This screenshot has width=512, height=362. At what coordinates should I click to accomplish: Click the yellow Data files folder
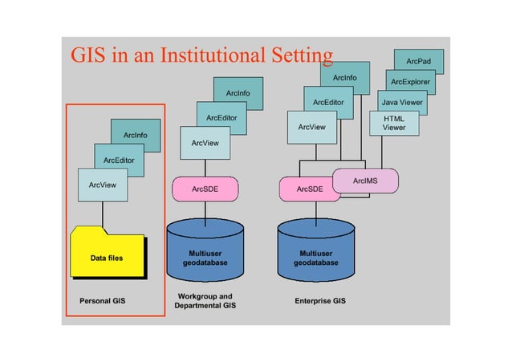coord(108,257)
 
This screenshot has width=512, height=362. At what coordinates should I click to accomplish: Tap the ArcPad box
coord(418,60)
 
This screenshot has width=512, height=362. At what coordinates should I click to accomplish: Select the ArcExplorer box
coord(410,82)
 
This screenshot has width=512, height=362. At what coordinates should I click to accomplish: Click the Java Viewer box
coord(401,103)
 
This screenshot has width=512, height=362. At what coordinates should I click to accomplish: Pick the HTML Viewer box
coord(394,123)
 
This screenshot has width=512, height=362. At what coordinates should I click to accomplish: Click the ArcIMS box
coord(365,181)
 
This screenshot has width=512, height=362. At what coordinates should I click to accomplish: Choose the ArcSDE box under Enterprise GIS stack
coord(309,189)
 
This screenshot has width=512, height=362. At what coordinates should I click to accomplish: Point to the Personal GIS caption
coord(103,302)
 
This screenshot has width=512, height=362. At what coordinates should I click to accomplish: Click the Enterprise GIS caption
coord(320,302)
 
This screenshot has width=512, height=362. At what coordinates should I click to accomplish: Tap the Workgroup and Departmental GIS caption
coord(205,301)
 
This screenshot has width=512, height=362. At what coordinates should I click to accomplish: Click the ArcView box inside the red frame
coord(103,185)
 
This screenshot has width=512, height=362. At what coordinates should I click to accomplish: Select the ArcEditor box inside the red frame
coord(119,159)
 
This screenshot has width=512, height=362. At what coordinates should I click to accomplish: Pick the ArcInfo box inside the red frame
coord(135,134)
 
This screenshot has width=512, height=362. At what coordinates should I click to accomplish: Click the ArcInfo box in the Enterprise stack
coord(344,77)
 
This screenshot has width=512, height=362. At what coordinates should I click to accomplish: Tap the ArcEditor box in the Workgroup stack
coord(221,118)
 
